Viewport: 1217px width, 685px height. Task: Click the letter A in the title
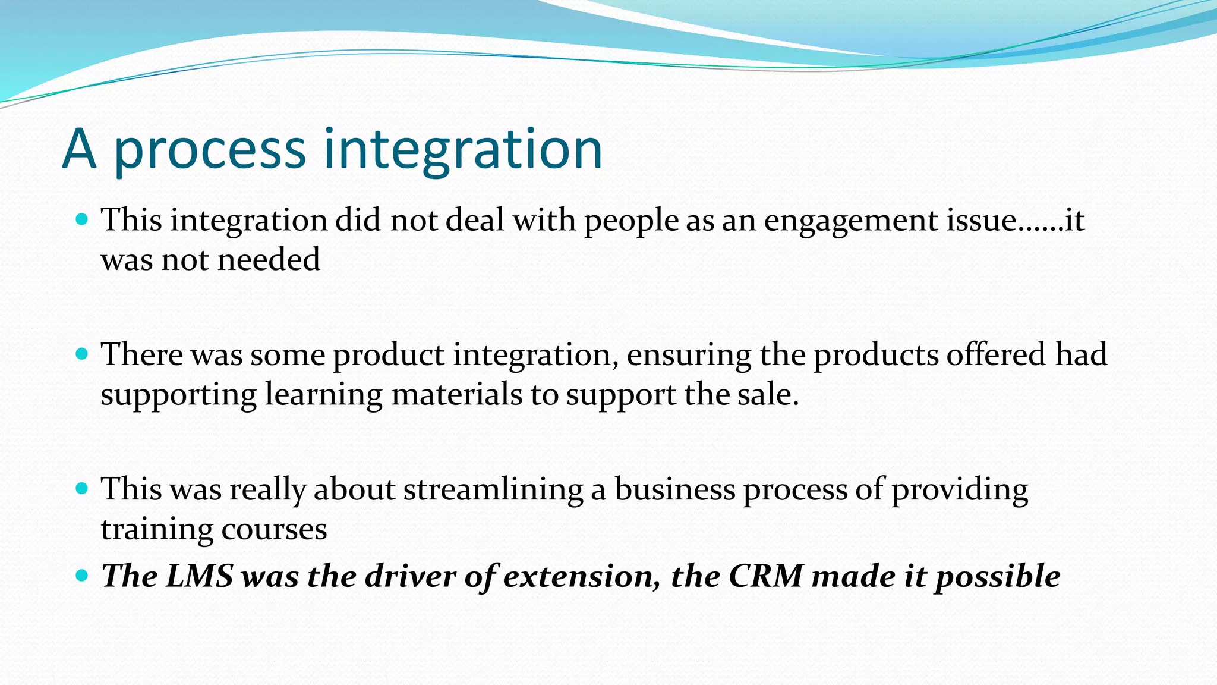(79, 149)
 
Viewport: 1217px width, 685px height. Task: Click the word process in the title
(209, 151)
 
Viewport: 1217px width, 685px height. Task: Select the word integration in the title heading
(463, 151)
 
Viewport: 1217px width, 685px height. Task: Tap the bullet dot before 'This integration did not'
(82, 219)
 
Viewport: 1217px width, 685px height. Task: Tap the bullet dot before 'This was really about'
(82, 489)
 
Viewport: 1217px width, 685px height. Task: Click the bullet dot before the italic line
(82, 576)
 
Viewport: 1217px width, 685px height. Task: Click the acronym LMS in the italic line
(199, 576)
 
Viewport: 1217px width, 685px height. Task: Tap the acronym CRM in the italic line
(766, 576)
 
